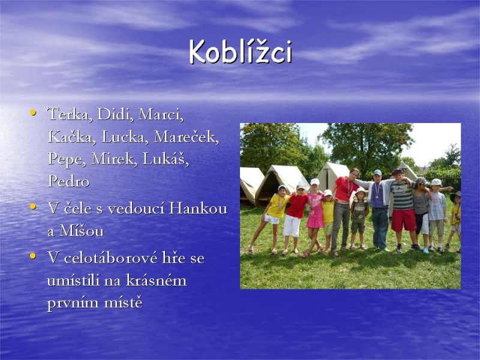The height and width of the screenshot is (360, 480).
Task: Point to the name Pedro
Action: coord(68,181)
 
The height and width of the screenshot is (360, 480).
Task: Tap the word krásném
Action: coord(158,280)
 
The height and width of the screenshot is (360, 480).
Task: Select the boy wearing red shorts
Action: coord(403,210)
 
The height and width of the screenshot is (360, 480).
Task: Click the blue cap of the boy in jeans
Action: coord(377,173)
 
